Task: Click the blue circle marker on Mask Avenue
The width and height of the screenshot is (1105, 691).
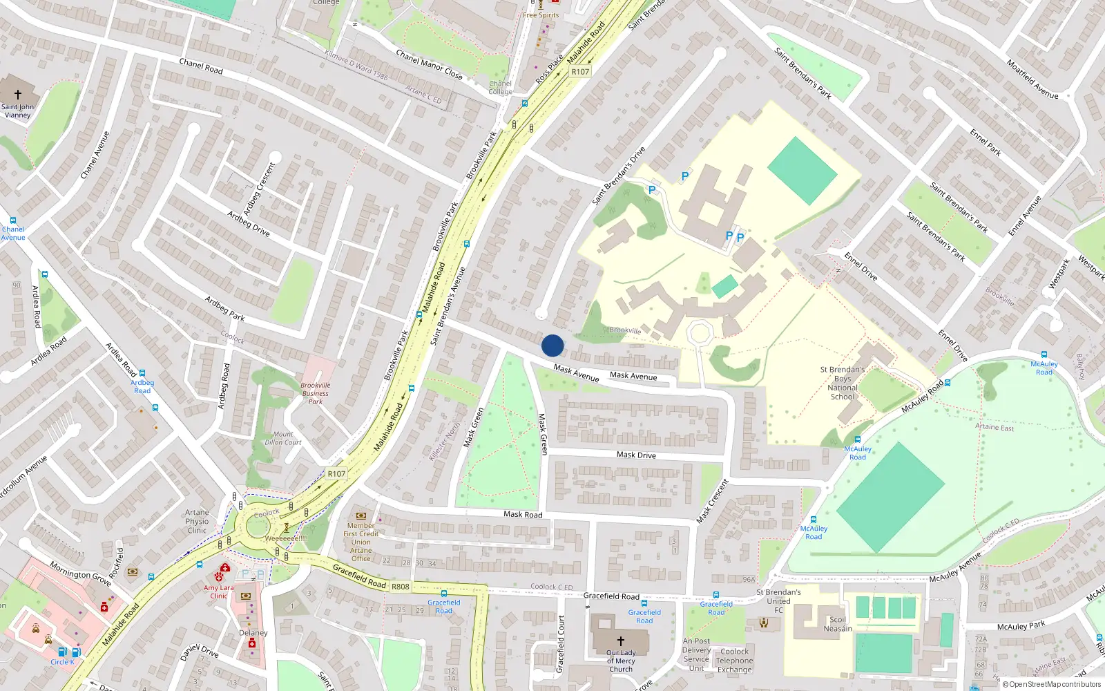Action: pyautogui.click(x=552, y=345)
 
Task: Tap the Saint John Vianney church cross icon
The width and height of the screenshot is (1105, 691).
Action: pyautogui.click(x=18, y=95)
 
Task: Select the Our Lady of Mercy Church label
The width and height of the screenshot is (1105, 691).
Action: pyautogui.click(x=620, y=661)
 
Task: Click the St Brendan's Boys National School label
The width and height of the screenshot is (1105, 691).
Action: pyautogui.click(x=843, y=383)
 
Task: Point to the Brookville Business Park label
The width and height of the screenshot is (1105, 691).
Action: pyautogui.click(x=316, y=393)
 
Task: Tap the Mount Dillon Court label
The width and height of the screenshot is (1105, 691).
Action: pyautogui.click(x=283, y=438)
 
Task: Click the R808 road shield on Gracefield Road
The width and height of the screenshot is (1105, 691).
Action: pyautogui.click(x=401, y=587)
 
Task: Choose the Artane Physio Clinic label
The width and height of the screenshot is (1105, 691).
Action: pyautogui.click(x=197, y=522)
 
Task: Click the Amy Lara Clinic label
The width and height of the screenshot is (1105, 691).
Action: pyautogui.click(x=219, y=591)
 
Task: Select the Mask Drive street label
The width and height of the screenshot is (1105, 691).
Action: pyautogui.click(x=636, y=455)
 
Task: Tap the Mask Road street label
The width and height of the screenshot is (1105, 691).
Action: pyautogui.click(x=523, y=514)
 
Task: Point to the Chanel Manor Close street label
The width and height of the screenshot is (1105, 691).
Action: pyautogui.click(x=429, y=64)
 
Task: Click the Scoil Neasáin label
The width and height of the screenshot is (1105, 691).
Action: pyautogui.click(x=838, y=624)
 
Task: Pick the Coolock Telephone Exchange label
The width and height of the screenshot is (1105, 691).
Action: pyautogui.click(x=734, y=661)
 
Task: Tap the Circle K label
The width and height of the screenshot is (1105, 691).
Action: pyautogui.click(x=62, y=662)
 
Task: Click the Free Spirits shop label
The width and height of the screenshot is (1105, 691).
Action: pyautogui.click(x=541, y=15)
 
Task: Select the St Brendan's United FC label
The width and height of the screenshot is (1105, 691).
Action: pyautogui.click(x=778, y=600)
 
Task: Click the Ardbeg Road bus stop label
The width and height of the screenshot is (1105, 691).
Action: pyautogui.click(x=142, y=386)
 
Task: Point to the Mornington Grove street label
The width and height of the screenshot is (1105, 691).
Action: pyautogui.click(x=80, y=574)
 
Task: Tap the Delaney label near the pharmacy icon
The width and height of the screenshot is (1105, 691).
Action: pyautogui.click(x=253, y=633)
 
